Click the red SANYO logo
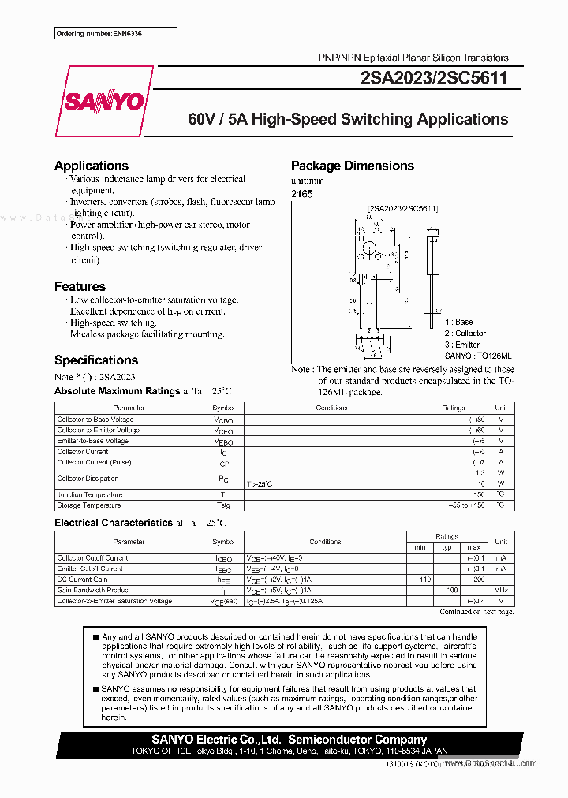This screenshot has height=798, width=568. (103, 102)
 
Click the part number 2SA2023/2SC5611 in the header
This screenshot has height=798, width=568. (433, 78)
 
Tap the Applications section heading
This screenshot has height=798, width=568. (92, 166)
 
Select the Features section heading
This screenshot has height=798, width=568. (80, 286)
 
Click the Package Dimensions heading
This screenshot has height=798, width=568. (352, 166)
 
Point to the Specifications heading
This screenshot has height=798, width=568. (95, 360)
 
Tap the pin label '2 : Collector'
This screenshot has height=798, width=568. (465, 334)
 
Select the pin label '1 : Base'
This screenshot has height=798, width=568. (458, 323)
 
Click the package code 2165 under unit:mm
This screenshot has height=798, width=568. (301, 193)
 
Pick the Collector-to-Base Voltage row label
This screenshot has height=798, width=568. (95, 420)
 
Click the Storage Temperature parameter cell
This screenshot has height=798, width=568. (89, 505)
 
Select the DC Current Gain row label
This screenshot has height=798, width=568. (82, 580)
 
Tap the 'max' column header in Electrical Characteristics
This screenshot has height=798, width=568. (473, 547)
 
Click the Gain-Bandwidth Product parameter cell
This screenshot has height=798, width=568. (93, 590)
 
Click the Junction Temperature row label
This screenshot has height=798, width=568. (90, 494)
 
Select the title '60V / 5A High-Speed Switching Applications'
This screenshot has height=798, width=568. (348, 120)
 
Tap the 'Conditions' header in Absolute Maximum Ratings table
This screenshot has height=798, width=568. (331, 408)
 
